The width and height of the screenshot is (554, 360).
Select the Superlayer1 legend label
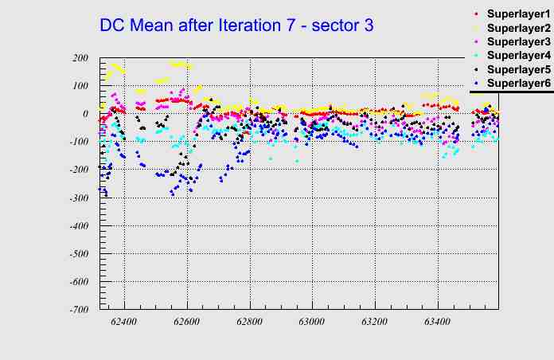tap(518, 14)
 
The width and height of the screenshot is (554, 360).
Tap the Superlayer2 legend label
tap(518, 28)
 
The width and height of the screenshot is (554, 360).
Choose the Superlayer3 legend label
tap(518, 41)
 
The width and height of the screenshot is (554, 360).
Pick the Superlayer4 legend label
tap(518, 56)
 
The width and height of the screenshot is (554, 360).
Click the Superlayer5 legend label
tap(518, 69)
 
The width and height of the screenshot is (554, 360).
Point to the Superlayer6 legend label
tap(518, 84)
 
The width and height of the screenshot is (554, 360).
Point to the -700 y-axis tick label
tap(77, 309)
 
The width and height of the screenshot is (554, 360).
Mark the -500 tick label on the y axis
tap(77, 253)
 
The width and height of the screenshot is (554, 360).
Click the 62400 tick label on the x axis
tap(124, 323)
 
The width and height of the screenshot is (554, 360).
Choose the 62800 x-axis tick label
tap(250, 323)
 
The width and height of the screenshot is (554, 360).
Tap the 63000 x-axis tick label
tap(312, 323)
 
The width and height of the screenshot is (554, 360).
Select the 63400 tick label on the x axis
tap(437, 323)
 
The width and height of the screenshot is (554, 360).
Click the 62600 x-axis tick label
tap(187, 323)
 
